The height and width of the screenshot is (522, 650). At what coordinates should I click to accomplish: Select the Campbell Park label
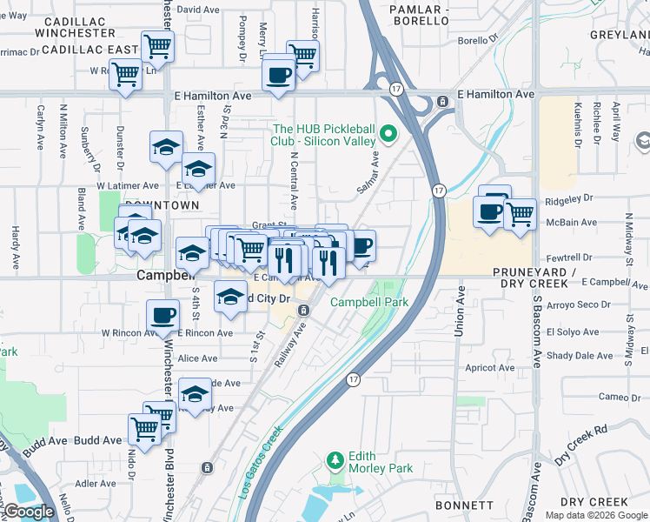(x=368, y=302)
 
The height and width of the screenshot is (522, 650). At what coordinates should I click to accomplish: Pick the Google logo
(x=30, y=512)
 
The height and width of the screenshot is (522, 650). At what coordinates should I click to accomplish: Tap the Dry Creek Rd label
(x=581, y=444)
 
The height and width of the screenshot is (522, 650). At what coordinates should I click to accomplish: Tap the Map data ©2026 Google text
(x=596, y=515)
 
